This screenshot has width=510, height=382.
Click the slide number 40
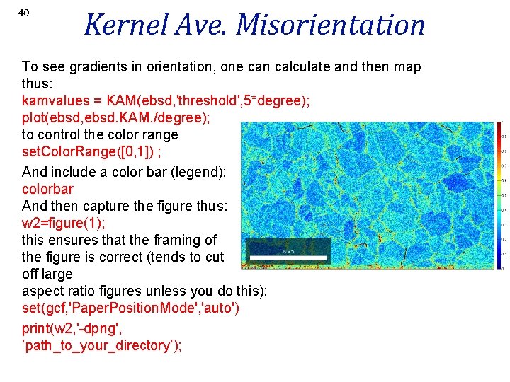pos(23,13)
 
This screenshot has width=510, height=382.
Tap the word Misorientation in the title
pos(330,25)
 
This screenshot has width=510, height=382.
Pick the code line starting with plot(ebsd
pos(106,118)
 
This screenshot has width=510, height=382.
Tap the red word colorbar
pos(47,189)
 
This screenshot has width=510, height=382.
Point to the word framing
pos(176,240)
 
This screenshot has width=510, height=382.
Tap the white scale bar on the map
pos(288,257)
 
